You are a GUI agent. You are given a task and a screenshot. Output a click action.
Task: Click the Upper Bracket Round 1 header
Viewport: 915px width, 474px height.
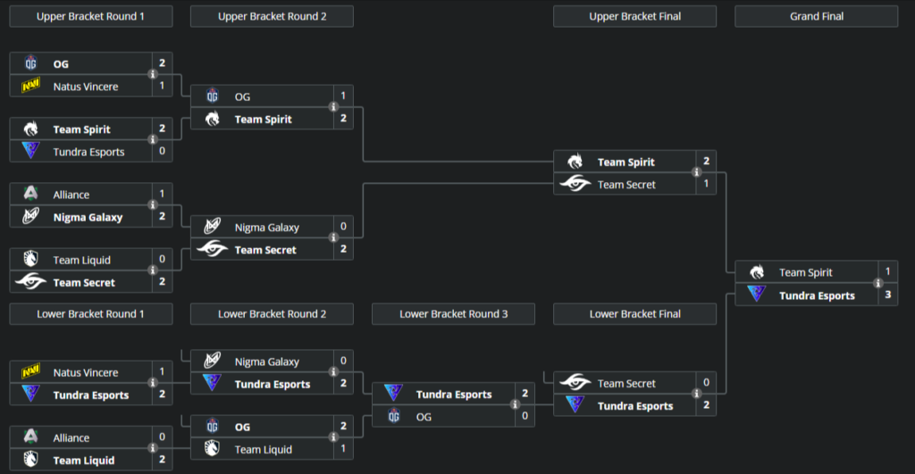pos(90,16)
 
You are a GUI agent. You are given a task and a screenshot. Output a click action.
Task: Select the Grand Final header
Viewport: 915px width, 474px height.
pos(816,16)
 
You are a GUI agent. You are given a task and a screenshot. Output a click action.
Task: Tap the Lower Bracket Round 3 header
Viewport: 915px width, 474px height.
pos(453,313)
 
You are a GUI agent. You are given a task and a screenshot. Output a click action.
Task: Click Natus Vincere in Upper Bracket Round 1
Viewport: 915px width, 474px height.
pos(85,87)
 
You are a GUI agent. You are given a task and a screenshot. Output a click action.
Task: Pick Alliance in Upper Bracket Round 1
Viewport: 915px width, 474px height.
pos(71,195)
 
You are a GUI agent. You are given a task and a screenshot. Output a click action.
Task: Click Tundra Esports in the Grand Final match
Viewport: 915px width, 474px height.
pos(817,295)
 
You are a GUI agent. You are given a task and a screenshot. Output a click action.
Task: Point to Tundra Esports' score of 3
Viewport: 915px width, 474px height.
pos(887,295)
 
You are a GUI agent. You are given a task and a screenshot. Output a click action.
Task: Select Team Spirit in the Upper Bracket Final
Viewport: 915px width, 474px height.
pos(625,162)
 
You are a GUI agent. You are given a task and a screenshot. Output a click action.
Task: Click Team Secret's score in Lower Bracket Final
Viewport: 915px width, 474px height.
pos(706,383)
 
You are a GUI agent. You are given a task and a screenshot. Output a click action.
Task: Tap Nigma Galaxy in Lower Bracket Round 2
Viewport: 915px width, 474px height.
pos(266,362)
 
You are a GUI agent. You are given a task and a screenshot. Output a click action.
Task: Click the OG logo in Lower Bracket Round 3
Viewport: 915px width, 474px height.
pos(393,417)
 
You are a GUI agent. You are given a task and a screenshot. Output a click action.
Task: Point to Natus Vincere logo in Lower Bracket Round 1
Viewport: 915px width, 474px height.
pos(31,372)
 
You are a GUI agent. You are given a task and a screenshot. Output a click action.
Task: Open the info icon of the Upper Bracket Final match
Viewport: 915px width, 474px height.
pos(696,173)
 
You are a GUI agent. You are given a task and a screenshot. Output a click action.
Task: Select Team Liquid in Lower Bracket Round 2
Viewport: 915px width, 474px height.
pos(263,450)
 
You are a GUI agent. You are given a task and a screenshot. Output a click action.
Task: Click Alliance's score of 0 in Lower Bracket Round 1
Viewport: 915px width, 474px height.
pos(162,437)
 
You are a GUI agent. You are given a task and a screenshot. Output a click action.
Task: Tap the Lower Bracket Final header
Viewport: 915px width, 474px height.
pos(634,313)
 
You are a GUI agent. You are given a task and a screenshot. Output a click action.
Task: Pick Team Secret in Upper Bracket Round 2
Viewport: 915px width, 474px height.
pos(265,250)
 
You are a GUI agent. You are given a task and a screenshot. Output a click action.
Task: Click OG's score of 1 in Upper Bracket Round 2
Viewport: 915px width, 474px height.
pos(343,96)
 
